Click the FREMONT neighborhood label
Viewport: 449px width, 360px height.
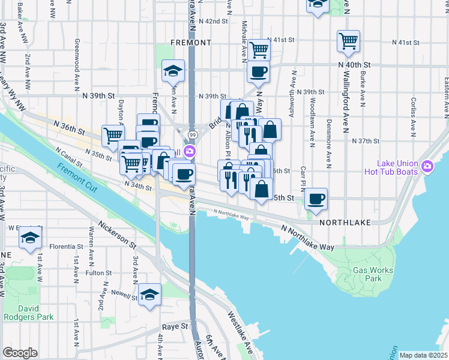coord(191,43)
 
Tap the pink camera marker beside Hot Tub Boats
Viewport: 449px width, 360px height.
coord(427,166)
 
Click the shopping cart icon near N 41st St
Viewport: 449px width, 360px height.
coord(348,41)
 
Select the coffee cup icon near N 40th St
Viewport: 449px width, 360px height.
coord(259,72)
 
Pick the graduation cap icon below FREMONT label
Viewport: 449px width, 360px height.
coord(173,71)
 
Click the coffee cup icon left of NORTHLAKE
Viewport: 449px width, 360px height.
coord(316,199)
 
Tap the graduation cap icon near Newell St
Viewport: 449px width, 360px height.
coord(150,294)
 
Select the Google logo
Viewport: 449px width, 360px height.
coord(20,353)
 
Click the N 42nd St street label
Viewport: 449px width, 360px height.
coord(216,20)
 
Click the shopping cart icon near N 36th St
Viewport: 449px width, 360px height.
coord(112,136)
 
